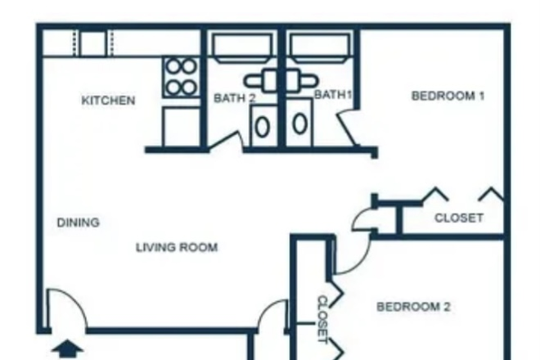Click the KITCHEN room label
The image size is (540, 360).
(108, 101)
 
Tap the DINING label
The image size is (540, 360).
(79, 222)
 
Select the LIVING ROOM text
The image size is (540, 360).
(177, 247)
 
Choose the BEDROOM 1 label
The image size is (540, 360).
(448, 96)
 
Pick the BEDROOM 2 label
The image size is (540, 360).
(413, 307)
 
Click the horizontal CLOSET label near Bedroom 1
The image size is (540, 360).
(458, 218)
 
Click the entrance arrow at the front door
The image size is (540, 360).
(68, 349)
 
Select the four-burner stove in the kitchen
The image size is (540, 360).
(180, 76)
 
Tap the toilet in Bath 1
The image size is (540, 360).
(300, 124)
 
